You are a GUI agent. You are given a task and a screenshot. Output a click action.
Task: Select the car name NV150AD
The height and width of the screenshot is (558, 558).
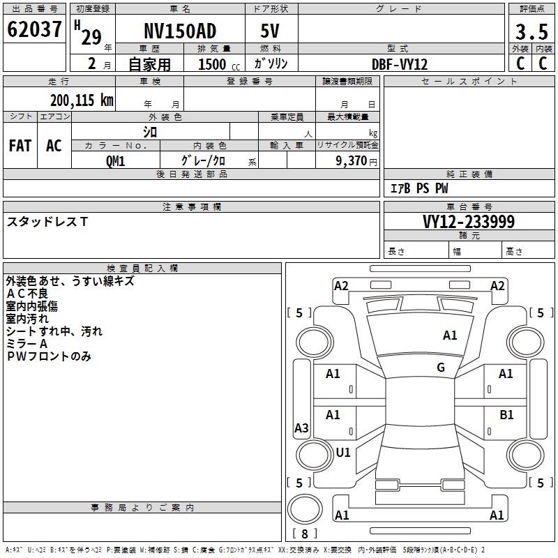point(180,31)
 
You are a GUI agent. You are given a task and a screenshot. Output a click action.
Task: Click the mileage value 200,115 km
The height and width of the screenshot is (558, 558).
point(82,100)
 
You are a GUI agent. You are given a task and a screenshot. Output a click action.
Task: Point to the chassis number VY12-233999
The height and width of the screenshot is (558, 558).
point(469,222)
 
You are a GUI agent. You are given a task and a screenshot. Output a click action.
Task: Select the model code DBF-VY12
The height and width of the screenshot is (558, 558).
point(400,63)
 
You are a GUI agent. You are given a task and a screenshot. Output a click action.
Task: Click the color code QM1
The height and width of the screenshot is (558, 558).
point(115,160)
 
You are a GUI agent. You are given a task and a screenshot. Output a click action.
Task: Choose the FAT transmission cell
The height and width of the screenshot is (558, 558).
point(20,146)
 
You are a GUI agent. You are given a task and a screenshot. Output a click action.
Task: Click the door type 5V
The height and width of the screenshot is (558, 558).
point(271,31)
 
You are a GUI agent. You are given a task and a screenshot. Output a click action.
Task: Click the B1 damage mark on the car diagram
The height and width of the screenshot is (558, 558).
point(506,414)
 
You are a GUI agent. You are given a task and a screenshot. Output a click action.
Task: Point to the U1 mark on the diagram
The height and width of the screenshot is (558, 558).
point(343,452)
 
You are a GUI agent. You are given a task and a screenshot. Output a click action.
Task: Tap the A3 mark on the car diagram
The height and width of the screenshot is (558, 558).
point(301,428)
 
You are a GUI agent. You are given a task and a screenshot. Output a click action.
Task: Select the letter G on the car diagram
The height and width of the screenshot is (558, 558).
point(441,368)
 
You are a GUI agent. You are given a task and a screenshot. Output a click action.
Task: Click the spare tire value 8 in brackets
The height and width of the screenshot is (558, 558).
point(304,534)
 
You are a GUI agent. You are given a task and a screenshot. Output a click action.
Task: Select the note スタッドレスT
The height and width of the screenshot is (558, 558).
point(47,222)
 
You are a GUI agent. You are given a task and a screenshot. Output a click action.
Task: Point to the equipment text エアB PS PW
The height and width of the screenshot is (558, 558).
point(419,188)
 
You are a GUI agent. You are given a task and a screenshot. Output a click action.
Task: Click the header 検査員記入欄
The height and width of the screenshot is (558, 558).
point(142,268)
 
